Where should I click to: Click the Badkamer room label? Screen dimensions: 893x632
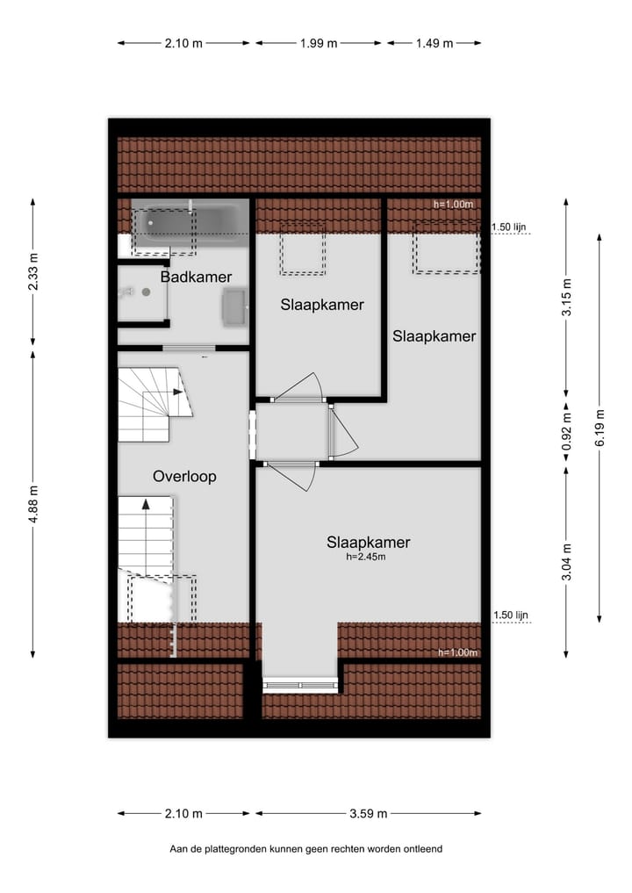coord(196,277)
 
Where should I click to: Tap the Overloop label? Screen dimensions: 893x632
coord(184,477)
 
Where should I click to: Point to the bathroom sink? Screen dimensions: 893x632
coord(233,307)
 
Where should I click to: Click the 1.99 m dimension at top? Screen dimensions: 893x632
coord(318,43)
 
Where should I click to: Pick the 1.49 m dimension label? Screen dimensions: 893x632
coord(434,43)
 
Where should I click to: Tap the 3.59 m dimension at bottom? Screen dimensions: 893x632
coord(369,813)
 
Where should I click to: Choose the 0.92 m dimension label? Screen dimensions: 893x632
coord(567,430)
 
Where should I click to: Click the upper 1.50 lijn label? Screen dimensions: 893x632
coord(510,227)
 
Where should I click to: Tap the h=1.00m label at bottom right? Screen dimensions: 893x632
coord(457,652)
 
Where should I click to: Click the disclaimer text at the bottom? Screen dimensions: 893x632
coord(306,849)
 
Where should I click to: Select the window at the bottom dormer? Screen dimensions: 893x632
coord(300,686)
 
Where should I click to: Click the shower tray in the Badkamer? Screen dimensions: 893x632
coord(142,294)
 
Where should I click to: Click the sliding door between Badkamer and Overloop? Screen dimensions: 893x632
coord(188,349)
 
